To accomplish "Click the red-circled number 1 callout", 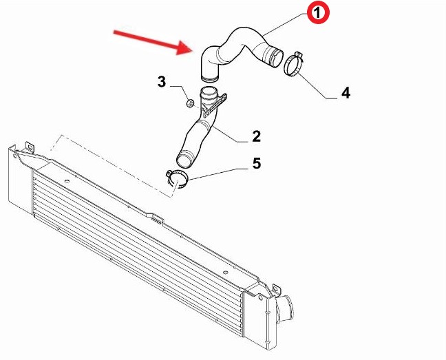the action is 318,13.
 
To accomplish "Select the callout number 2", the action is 256,136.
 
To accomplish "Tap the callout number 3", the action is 162,82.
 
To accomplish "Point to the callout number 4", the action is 346,93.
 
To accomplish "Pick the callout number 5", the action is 257,164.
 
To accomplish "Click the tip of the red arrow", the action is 192,51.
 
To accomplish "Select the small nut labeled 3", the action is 190,103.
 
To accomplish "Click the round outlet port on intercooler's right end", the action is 284,308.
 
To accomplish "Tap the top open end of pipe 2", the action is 209,92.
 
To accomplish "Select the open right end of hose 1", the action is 276,59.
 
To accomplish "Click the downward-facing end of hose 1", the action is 209,78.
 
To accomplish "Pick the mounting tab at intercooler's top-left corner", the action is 30,147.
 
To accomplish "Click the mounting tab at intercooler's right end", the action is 276,290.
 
